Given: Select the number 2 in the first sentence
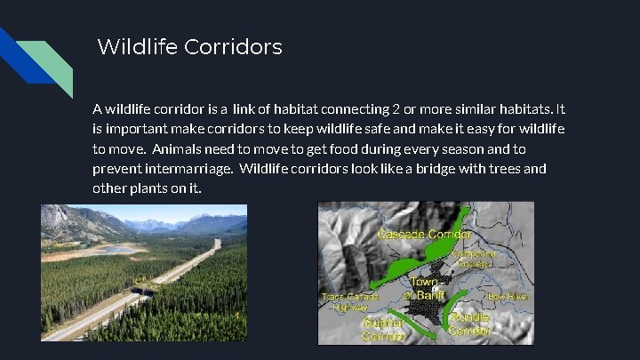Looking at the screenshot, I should coord(396,110).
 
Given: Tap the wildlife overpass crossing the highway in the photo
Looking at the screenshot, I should coord(143,285).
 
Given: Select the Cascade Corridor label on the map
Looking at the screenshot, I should coord(424,235).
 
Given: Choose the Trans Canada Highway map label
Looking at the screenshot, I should coord(349,301).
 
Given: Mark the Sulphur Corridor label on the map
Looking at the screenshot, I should coord(385,330).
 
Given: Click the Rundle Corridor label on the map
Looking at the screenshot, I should coord(471,324).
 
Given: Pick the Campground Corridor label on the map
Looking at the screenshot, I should coord(474,258).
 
